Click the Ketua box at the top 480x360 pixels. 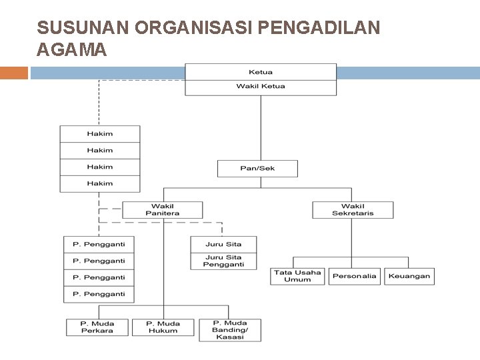point(260,72)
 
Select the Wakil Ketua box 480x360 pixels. point(260,87)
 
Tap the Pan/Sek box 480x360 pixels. point(257,168)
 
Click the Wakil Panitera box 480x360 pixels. point(163,209)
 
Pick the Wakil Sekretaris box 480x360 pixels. point(353,209)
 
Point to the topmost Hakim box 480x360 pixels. point(100,133)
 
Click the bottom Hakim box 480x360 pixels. point(100,183)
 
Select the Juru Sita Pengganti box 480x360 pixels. point(223,261)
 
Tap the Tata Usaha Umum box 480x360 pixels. point(297,276)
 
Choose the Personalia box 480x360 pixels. point(355,276)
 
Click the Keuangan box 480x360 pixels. point(409,276)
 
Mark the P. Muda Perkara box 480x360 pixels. point(97,327)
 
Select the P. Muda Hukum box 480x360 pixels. point(163,327)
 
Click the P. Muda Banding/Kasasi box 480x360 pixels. point(229,330)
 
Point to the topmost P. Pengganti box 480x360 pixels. point(99,244)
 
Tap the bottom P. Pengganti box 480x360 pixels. point(99,294)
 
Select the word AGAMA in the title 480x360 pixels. point(72,49)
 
